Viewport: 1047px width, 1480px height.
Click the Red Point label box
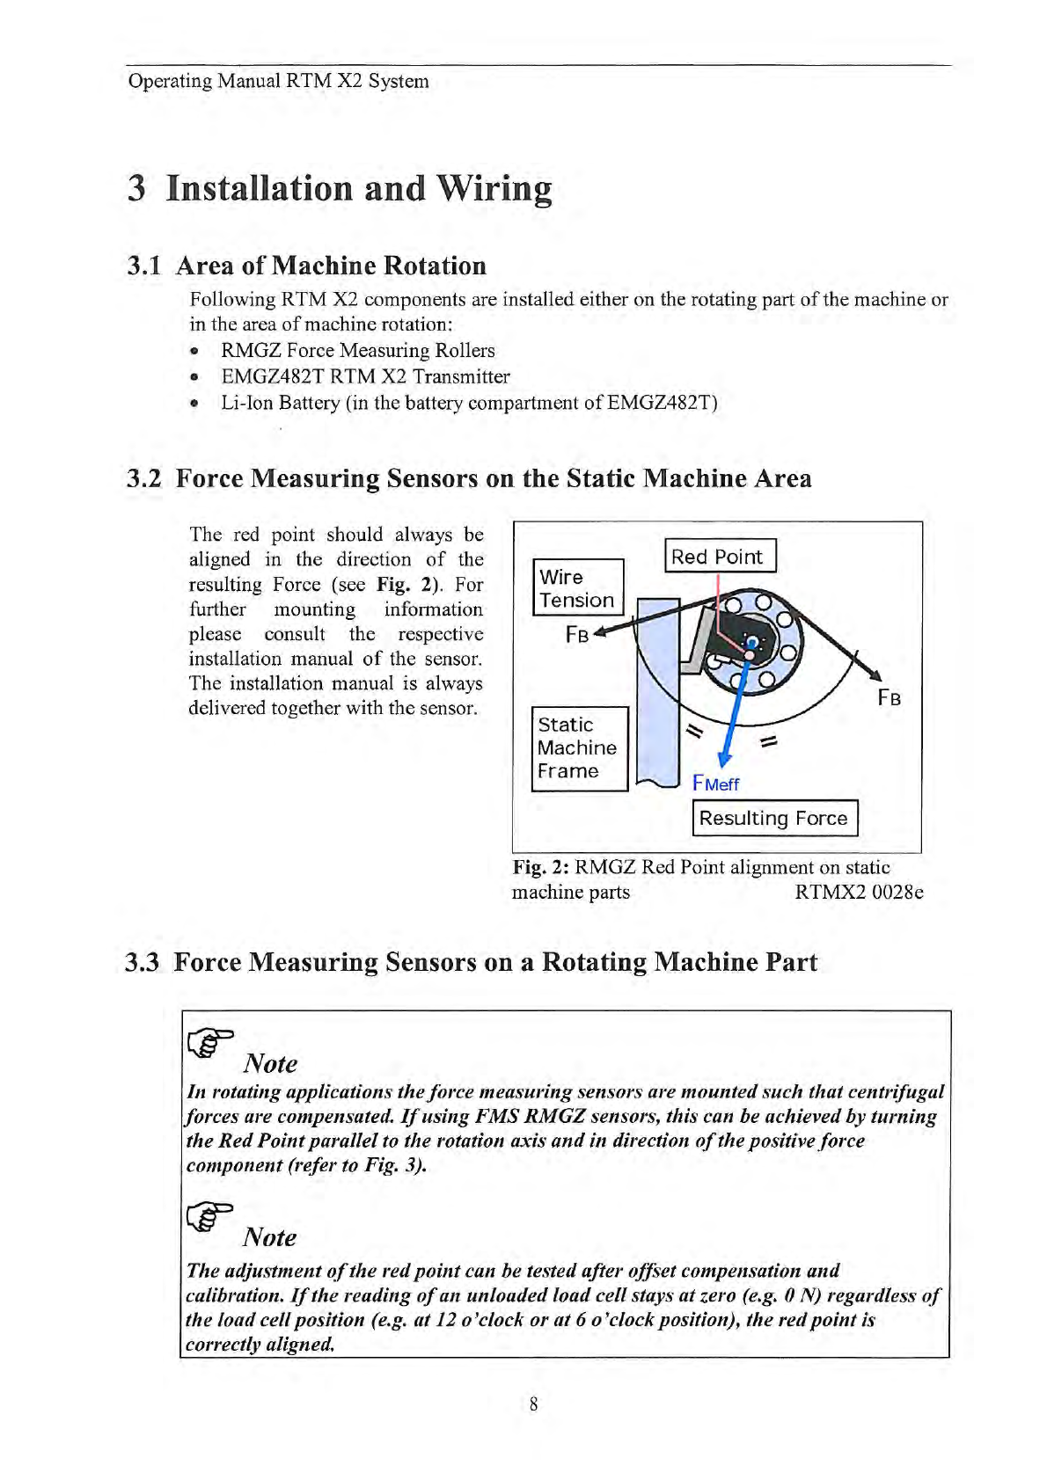[719, 556]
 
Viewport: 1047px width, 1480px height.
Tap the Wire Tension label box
[577, 588]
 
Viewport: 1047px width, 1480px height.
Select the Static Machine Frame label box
[579, 748]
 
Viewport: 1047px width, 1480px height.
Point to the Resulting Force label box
[773, 818]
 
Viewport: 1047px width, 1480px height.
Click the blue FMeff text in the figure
[716, 784]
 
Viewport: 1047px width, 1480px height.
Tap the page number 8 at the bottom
[534, 1403]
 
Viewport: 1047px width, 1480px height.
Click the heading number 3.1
[144, 266]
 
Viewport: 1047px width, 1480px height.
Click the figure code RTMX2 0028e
[859, 892]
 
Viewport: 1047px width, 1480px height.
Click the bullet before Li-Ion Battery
[195, 404]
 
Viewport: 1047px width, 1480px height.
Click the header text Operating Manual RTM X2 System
[279, 81]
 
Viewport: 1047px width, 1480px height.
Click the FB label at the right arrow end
[889, 698]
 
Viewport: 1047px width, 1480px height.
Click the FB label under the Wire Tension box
[577, 635]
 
